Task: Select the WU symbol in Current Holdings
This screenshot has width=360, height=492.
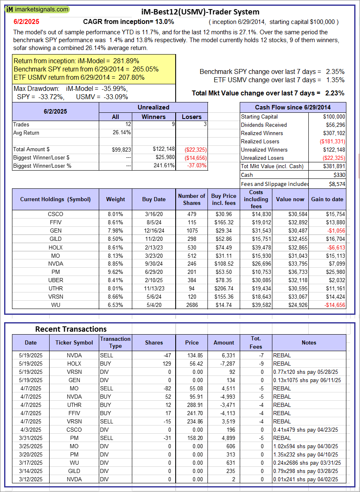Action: [x=55, y=305]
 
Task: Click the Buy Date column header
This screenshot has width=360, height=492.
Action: [x=154, y=199]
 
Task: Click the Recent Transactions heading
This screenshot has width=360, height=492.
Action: [x=71, y=329]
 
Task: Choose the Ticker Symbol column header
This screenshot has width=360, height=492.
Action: [x=74, y=342]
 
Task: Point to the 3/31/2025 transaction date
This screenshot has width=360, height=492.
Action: [x=31, y=438]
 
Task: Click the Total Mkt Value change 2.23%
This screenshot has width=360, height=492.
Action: [x=335, y=93]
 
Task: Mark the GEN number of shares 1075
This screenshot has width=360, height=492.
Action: [x=191, y=231]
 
